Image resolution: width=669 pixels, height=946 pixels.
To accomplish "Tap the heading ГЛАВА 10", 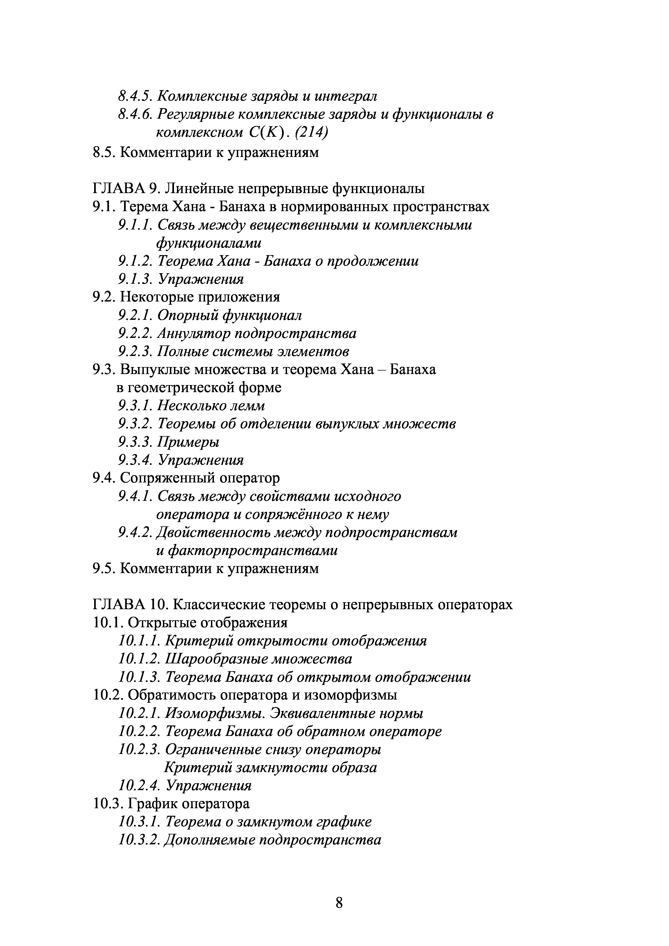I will point(129,604).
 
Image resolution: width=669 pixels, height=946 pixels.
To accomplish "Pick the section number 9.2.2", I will point(136,333).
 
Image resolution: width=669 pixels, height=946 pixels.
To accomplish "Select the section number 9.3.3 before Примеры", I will point(136,442).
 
